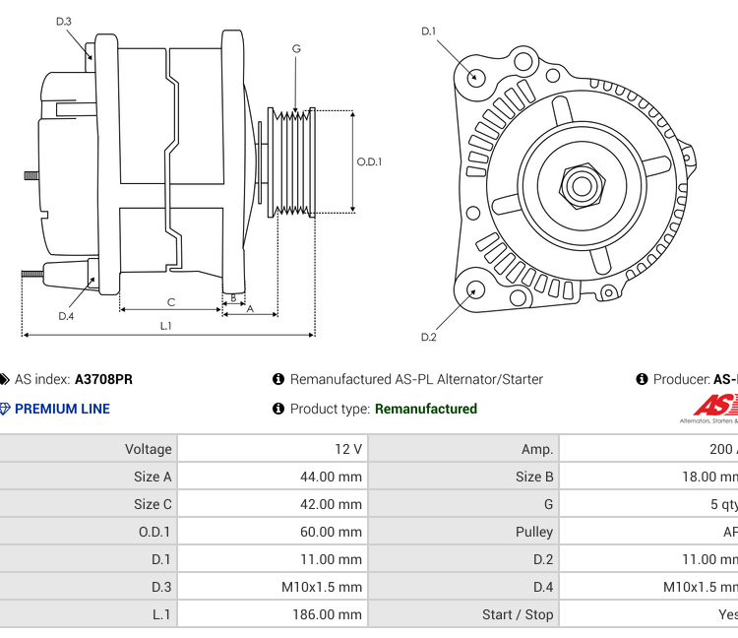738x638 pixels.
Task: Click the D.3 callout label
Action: point(64,21)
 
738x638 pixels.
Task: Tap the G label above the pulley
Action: point(296,48)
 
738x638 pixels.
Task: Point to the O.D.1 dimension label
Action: point(369,162)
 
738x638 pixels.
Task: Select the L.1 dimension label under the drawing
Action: point(166,325)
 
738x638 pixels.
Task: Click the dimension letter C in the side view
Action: point(170,302)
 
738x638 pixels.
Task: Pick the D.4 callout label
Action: point(66,316)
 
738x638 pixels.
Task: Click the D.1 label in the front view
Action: point(428,32)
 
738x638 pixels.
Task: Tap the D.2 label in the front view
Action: point(428,337)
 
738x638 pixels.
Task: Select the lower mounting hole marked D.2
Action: point(475,289)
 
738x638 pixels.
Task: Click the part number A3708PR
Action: point(103,379)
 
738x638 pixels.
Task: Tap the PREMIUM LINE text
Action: point(62,409)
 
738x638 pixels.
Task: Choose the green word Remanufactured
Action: point(426,409)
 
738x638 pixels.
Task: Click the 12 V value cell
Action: point(348,449)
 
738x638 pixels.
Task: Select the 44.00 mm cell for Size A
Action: point(331,477)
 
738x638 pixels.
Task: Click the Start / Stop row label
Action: point(518,614)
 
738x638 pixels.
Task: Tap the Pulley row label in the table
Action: point(534,532)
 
